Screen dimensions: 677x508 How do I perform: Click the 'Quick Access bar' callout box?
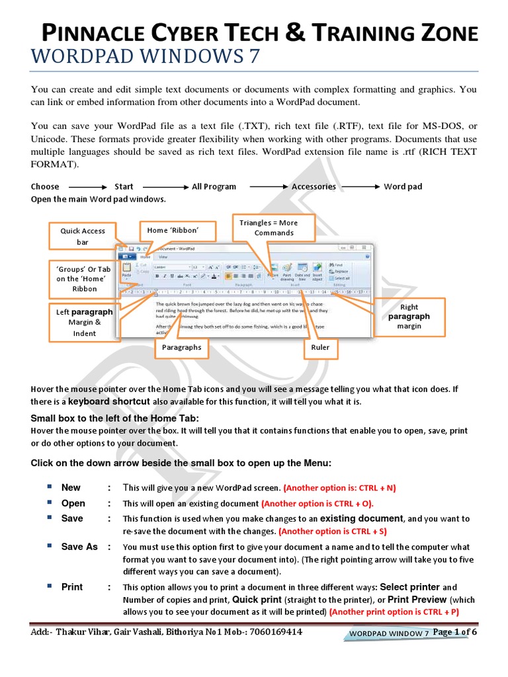click(x=83, y=237)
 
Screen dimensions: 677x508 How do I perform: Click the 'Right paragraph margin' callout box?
click(x=409, y=317)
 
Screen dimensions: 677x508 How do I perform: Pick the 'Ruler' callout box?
click(x=320, y=347)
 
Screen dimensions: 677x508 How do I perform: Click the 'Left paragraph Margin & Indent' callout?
click(x=83, y=322)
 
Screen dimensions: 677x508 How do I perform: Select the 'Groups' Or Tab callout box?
click(x=83, y=279)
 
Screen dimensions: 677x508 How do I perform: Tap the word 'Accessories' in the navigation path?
click(x=314, y=186)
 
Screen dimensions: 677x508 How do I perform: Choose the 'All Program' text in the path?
click(x=214, y=186)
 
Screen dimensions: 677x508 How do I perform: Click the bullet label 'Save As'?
click(x=80, y=547)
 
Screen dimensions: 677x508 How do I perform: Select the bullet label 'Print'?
click(x=72, y=587)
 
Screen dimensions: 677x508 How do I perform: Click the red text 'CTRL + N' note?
click(x=339, y=488)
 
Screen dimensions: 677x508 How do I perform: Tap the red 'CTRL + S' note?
click(x=333, y=531)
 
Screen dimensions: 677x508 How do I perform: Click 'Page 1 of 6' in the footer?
click(x=455, y=631)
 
